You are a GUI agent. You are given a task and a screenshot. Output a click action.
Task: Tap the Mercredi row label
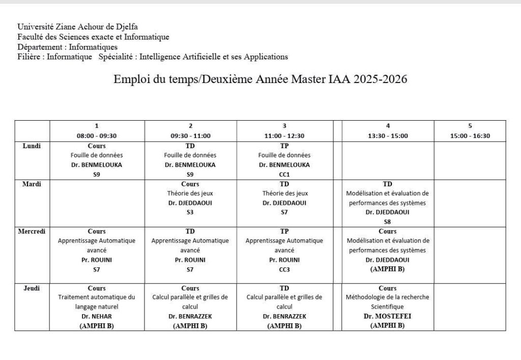[32, 231]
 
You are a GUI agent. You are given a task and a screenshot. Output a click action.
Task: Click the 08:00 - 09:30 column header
[97, 136]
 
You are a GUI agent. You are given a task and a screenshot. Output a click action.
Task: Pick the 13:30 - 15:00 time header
[388, 136]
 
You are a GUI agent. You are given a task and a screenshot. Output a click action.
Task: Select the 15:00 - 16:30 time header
[470, 136]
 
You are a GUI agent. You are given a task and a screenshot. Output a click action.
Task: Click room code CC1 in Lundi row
[284, 174]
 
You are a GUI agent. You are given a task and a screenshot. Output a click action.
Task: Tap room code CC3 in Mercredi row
[284, 269]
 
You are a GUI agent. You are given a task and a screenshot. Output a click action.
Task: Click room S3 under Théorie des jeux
[190, 212]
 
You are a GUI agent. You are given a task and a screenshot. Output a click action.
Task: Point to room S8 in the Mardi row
[388, 221]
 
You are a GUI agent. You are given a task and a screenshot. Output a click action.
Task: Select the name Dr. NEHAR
[97, 316]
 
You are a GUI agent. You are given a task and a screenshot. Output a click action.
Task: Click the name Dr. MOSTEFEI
[388, 316]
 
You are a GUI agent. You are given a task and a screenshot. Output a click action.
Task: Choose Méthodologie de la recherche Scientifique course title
[388, 302]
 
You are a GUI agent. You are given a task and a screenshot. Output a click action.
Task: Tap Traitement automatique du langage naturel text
[97, 302]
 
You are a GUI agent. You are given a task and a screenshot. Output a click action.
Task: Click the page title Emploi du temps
[260, 80]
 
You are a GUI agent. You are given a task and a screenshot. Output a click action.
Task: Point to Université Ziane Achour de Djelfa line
[78, 26]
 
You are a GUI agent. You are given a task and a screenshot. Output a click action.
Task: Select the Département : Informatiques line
[67, 47]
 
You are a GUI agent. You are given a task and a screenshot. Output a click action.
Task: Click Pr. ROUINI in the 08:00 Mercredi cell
[97, 260]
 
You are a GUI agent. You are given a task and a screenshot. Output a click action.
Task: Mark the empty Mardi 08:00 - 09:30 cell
[97, 203]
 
